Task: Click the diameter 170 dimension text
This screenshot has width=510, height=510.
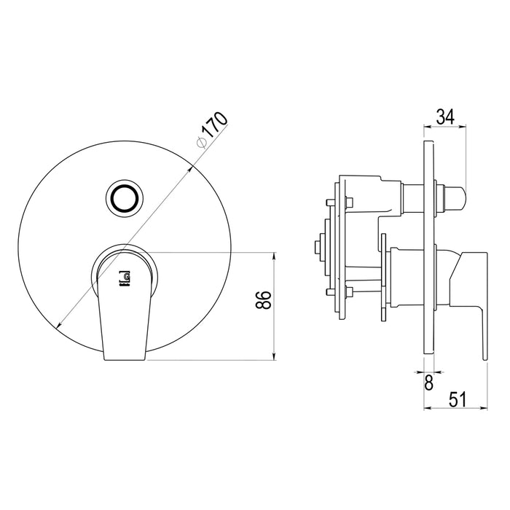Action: click(x=213, y=130)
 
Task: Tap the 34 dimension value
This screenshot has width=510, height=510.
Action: click(x=445, y=117)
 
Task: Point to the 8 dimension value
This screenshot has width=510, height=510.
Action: click(x=429, y=382)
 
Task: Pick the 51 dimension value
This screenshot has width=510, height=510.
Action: click(x=458, y=399)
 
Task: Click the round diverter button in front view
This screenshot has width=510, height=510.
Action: click(x=125, y=197)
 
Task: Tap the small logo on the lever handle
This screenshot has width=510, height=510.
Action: click(x=125, y=279)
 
